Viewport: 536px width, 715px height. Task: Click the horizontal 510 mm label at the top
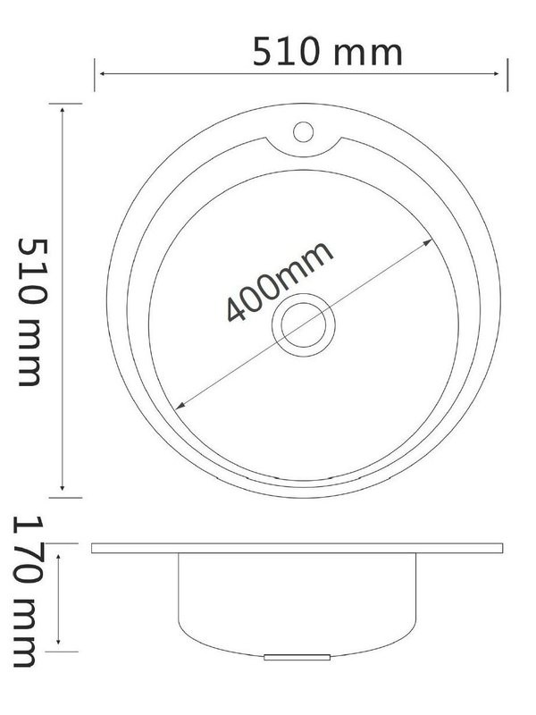(x=327, y=53)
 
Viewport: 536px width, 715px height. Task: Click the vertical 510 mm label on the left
(x=29, y=312)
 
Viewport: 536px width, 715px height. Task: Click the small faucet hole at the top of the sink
(x=302, y=132)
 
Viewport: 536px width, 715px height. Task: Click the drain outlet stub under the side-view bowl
(x=298, y=657)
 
